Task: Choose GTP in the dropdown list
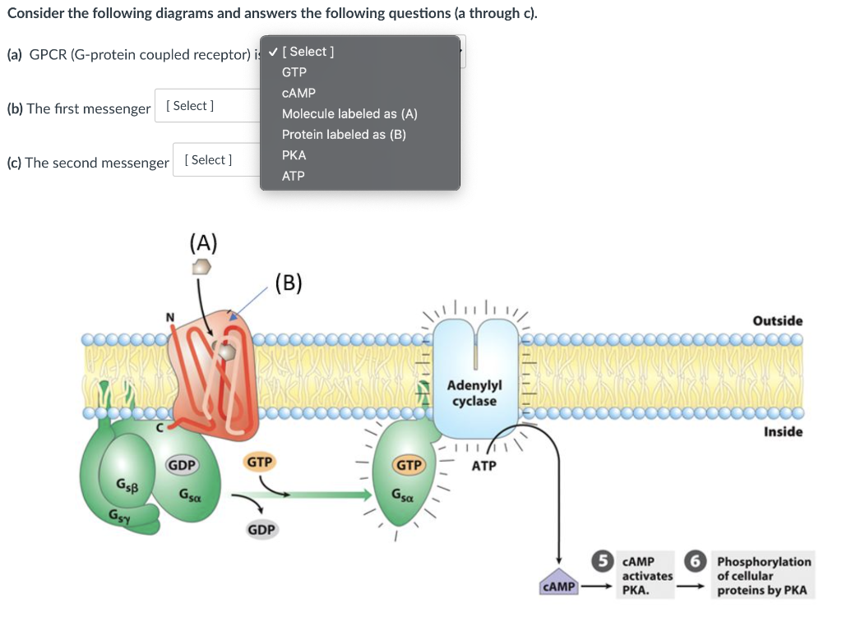(294, 72)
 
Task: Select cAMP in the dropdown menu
(298, 94)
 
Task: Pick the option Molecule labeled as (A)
(349, 113)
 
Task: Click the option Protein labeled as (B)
(344, 135)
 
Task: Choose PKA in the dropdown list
(294, 155)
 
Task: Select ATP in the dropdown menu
(294, 176)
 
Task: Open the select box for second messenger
(217, 160)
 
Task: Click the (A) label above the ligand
(204, 242)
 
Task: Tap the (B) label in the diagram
(289, 283)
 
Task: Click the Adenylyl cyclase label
(474, 393)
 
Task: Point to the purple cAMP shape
(558, 583)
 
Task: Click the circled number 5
(603, 561)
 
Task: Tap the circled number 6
(696, 561)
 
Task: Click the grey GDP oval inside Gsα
(182, 465)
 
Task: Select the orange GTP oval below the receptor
(259, 462)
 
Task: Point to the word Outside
(778, 320)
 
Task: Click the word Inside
(784, 432)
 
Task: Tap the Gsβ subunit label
(127, 486)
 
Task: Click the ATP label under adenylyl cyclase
(483, 466)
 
